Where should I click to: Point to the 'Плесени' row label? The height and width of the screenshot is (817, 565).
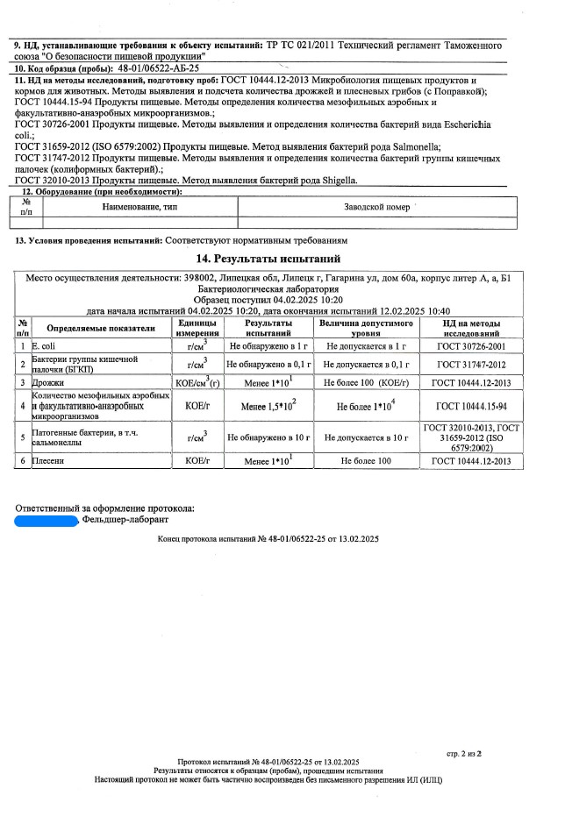(50, 460)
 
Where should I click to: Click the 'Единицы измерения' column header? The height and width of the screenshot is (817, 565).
(191, 328)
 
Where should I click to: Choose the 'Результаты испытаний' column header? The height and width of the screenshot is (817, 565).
(268, 328)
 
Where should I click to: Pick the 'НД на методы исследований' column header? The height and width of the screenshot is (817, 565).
(471, 328)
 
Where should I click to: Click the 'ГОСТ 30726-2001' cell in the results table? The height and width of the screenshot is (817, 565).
(471, 346)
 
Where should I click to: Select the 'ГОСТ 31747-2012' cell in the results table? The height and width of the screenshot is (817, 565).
(471, 364)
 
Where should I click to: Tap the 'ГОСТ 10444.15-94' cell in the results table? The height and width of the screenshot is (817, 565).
(471, 406)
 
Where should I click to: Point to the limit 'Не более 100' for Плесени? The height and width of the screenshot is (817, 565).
(365, 460)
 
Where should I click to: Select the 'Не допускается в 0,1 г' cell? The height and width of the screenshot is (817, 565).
(365, 364)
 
